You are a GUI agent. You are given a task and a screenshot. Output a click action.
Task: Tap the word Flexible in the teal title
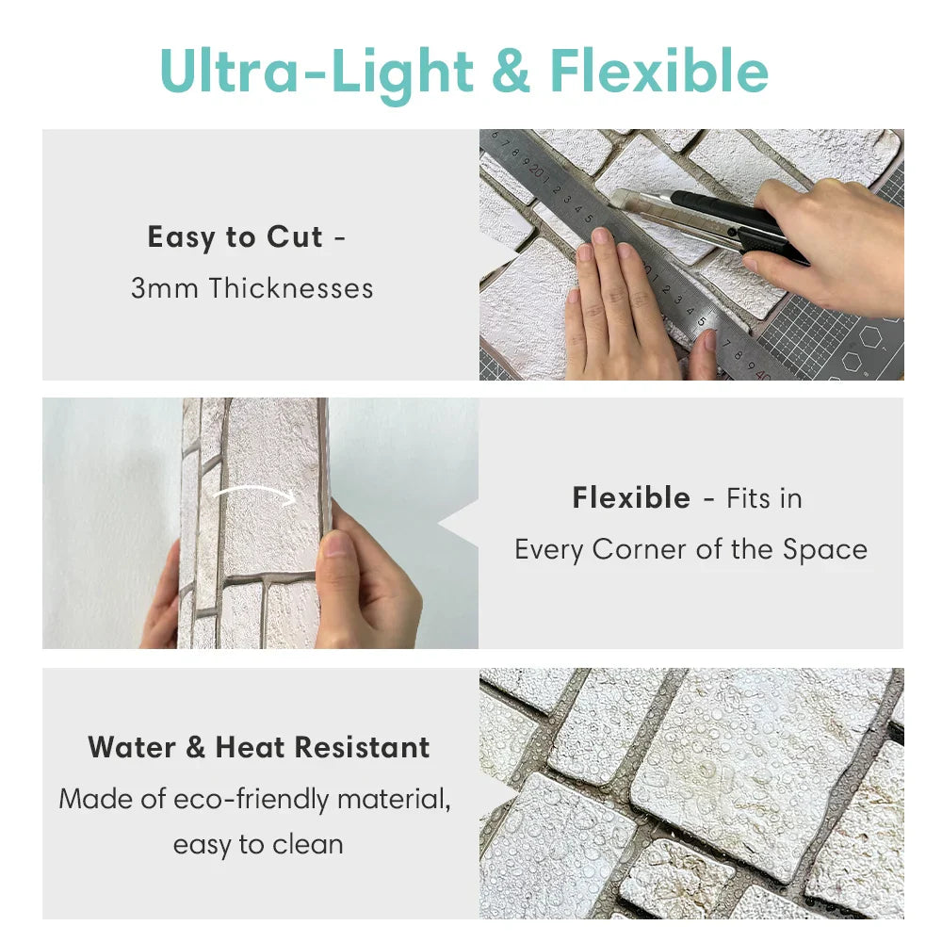coord(659,71)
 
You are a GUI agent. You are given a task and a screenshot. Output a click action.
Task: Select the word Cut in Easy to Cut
coord(294,236)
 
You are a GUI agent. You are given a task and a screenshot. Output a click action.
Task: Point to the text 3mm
coord(165,288)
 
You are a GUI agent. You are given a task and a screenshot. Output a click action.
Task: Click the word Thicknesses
coord(291,287)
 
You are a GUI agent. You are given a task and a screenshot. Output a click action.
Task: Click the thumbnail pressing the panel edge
coord(336,544)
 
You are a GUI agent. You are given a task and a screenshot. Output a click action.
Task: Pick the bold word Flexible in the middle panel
coord(631,498)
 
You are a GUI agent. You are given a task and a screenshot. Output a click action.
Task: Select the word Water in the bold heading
coord(132,747)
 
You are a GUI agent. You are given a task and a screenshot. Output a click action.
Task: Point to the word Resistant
coord(363,747)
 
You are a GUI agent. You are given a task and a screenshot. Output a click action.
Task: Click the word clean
coord(308,845)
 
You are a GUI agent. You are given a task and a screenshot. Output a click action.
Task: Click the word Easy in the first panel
coord(182,238)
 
